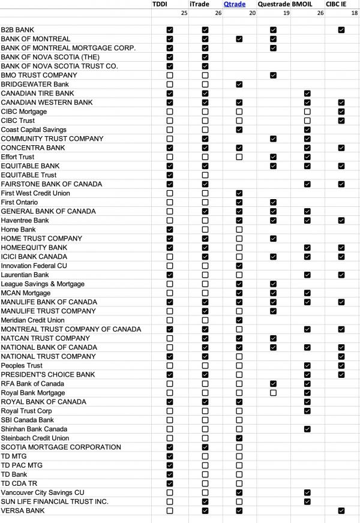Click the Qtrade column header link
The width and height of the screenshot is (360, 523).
235,4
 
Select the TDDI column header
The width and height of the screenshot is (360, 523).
160,4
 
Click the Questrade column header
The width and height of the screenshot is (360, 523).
274,4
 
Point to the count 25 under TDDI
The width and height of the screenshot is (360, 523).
184,13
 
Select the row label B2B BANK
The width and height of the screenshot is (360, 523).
17,29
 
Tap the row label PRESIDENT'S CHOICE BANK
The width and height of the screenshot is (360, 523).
48,374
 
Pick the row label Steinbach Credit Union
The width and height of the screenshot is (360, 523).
35,438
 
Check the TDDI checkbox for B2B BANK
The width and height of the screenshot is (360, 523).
170,29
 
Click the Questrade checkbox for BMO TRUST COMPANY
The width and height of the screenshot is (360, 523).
273,75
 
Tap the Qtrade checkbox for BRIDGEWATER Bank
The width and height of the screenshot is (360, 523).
239,84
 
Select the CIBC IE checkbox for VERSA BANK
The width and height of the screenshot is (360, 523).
341,510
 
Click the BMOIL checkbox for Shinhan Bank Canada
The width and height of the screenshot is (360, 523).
307,429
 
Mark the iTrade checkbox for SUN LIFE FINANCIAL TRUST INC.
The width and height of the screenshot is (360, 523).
205,501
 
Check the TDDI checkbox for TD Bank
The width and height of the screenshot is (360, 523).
170,474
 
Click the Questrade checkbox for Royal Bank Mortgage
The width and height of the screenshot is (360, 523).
273,393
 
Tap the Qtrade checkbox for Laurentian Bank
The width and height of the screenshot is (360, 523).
239,275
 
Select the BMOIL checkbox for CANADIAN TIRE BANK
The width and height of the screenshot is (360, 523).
307,93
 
